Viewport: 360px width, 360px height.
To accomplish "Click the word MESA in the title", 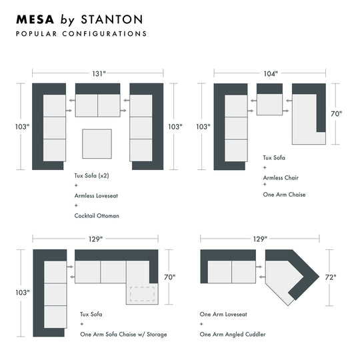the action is coord(35,19).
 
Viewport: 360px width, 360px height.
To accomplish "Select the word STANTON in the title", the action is coord(112,19).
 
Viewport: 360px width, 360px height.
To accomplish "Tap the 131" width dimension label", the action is coord(99,74).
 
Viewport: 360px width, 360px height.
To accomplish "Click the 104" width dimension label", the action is coord(271,74).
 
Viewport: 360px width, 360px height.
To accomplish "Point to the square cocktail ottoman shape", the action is coord(97,144).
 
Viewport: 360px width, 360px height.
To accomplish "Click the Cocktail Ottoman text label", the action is coord(97,216).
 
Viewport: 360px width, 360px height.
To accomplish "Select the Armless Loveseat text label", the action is coord(96,196).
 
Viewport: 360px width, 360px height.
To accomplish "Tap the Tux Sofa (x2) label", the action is coord(91,176).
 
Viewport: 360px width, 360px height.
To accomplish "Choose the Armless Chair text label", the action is coord(281,178).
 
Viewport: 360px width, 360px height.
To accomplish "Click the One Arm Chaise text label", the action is coord(284,195).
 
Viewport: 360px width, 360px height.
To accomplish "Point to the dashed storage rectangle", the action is coord(142,294).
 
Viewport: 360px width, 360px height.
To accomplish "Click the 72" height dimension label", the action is coord(331,277).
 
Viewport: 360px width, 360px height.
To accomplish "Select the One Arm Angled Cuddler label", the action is coord(233,335).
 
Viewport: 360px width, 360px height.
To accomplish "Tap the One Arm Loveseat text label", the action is coord(223,314).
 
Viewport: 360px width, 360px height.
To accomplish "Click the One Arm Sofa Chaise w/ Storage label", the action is coord(123,335).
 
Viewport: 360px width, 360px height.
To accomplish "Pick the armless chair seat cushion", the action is coord(269,105).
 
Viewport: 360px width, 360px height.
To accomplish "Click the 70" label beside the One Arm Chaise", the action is coord(337,113).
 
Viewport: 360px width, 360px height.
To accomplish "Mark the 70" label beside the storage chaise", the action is coord(170,277).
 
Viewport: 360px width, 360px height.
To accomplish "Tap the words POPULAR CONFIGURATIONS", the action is coord(81,34).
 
